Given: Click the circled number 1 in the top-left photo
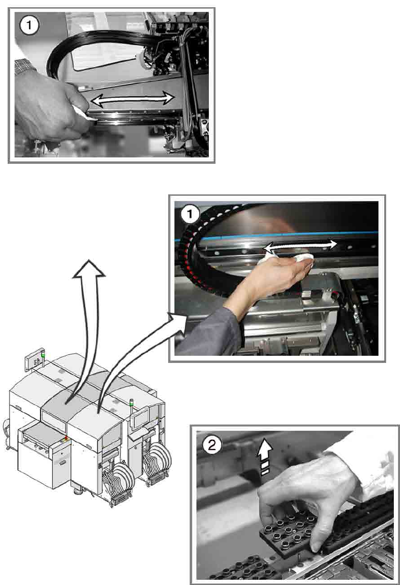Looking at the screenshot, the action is point(29,25).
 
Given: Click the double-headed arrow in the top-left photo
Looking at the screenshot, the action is point(133,99).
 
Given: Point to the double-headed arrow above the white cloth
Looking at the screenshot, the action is point(300,247).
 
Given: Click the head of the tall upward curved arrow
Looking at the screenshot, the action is point(89,270).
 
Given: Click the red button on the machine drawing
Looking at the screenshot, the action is point(66,437).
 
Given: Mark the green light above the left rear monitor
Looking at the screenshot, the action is point(43,355).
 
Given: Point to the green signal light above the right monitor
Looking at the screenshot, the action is point(132,404).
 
